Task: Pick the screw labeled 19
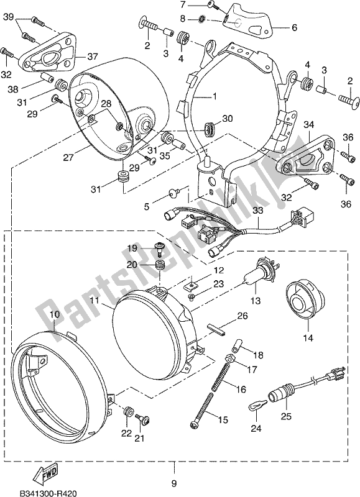[160, 248]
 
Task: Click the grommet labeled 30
[210, 129]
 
